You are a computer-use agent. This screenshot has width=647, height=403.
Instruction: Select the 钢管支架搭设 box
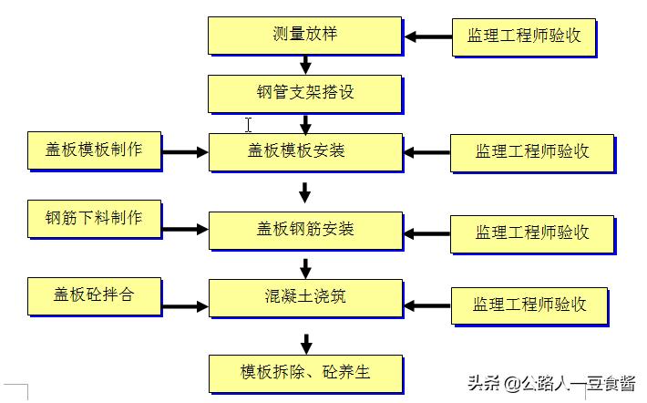(304, 92)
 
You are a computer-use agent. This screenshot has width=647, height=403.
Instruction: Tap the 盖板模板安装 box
(304, 150)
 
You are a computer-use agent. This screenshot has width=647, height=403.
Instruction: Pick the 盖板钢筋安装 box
(304, 228)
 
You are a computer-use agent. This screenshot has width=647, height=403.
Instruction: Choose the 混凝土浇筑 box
(304, 297)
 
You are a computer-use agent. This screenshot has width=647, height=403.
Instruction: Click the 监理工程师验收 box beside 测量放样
(524, 36)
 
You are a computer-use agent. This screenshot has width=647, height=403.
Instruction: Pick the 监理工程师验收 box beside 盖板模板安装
(531, 151)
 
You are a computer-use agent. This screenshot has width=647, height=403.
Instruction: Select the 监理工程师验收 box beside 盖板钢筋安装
(531, 232)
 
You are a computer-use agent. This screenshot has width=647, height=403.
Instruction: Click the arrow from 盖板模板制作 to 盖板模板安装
(186, 150)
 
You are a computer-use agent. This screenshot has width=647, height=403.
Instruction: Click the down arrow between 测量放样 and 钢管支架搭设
(306, 65)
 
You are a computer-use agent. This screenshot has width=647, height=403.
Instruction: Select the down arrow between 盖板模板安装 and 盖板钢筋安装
(305, 192)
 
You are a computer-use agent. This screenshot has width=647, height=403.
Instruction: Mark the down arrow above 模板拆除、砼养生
(306, 344)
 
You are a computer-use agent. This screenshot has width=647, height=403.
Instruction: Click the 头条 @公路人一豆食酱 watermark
(552, 383)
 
